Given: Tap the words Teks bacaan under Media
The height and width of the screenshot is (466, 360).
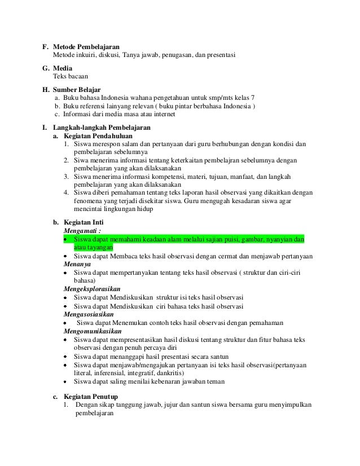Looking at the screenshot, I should pos(71,76).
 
